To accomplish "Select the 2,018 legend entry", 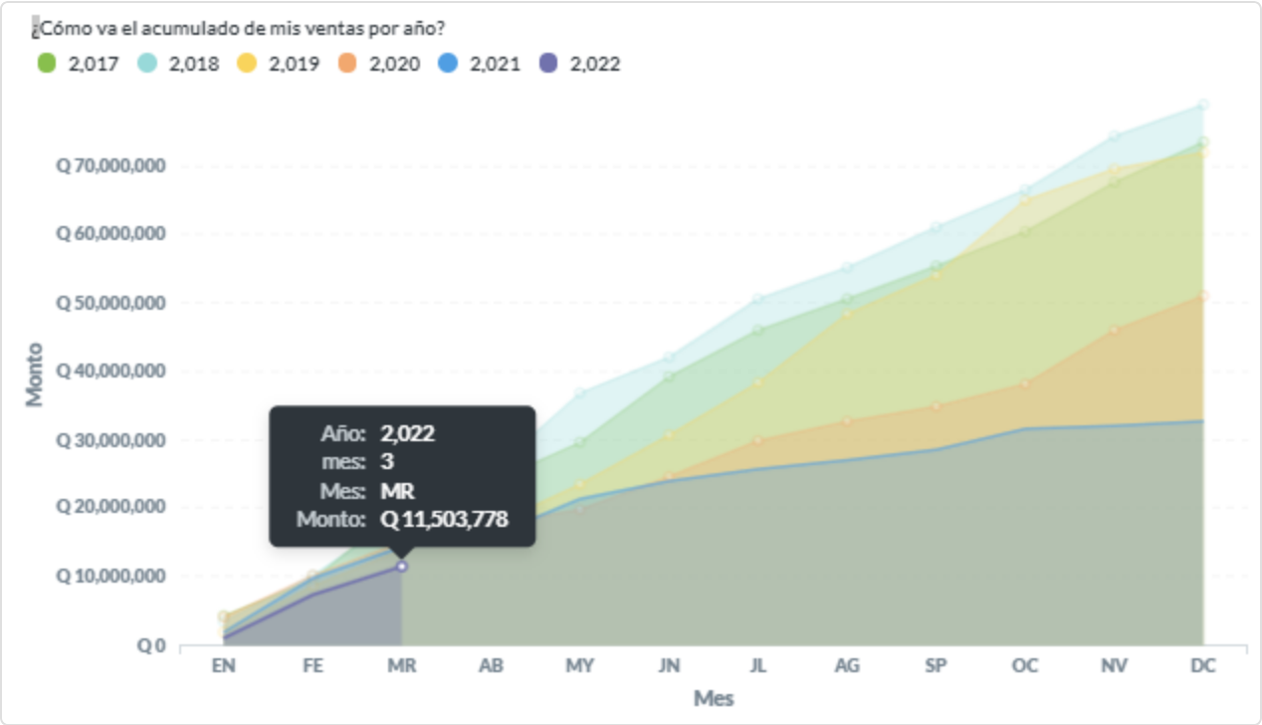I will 178,64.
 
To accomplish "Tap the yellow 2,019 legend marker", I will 247,64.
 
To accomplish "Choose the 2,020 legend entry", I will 379,64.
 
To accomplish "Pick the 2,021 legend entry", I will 480,64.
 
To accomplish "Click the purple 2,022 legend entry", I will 580,64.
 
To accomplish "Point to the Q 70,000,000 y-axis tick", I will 109,165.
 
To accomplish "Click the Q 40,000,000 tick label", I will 109,370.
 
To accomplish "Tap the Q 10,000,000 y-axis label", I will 109,577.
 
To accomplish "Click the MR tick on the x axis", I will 401,666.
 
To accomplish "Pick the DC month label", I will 1203,666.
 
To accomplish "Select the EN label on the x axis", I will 223,666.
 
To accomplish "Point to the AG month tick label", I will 847,666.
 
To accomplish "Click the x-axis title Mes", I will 714,698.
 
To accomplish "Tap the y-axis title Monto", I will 36,374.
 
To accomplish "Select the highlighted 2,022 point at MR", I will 402,566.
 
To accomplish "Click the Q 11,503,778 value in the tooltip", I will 444,518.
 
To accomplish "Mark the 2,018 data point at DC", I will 1203,105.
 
